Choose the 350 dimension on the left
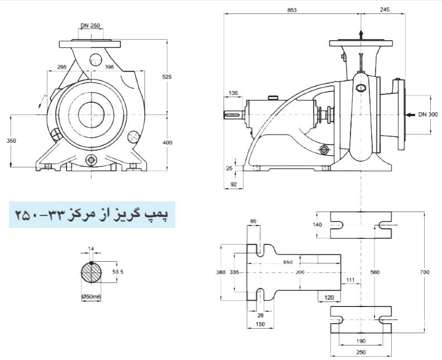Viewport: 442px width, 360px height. tap(11, 141)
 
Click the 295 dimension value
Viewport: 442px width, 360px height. tap(62, 67)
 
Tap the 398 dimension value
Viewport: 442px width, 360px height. tap(110, 67)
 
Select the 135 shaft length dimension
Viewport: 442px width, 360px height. tap(233, 93)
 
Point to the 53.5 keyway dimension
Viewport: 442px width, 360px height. tap(117, 272)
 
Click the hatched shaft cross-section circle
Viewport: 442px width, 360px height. tap(92, 273)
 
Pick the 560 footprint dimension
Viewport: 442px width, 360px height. tap(375, 272)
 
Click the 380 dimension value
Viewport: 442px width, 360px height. tap(220, 272)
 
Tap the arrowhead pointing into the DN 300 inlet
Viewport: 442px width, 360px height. tap(407, 115)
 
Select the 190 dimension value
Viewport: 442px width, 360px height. tap(361, 340)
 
